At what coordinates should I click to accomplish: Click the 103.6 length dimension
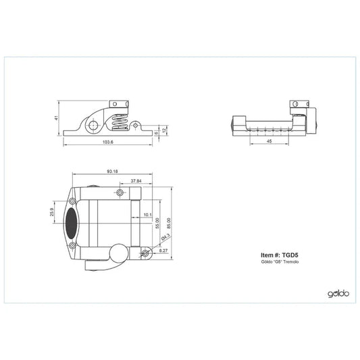(108, 142)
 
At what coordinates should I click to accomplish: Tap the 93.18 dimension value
(112, 172)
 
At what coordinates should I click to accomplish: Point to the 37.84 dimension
(136, 181)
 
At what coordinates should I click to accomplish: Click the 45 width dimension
(269, 141)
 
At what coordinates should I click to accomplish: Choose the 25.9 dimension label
(52, 212)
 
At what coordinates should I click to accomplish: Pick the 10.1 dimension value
(148, 215)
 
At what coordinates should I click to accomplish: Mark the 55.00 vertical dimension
(157, 223)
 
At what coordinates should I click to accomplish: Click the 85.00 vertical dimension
(169, 223)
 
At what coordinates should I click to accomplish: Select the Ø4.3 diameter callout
(165, 237)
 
